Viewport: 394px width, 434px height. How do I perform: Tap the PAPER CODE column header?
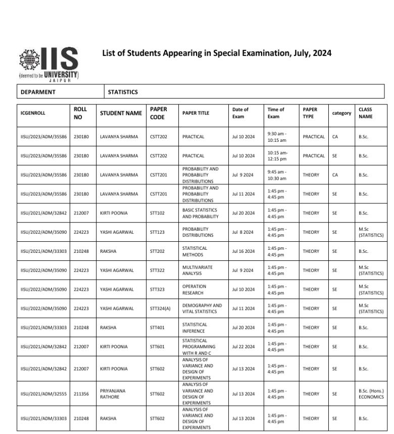point(158,113)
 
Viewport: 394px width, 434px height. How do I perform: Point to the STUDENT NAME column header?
point(121,113)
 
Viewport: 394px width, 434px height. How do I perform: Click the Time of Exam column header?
point(276,113)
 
